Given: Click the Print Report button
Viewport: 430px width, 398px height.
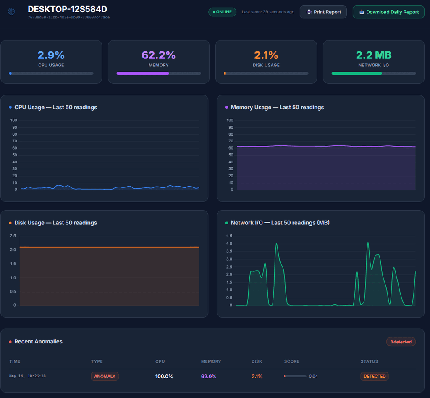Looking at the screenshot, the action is pos(323,12).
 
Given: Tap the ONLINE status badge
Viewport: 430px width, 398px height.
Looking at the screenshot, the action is pos(223,12).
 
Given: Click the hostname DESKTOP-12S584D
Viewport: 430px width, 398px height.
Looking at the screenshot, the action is pos(68,9).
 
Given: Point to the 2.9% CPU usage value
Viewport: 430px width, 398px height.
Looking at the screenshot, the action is pos(51,55).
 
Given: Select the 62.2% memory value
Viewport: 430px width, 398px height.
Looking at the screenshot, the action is pos(158,55).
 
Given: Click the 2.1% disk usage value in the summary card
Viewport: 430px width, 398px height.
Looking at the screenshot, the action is pos(266,55).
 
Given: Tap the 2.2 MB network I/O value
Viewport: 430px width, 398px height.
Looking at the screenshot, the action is pos(373,55).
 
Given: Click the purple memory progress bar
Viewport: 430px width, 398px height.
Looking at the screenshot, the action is pos(143,74).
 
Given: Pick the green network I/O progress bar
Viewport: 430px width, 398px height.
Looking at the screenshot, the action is pos(357,74).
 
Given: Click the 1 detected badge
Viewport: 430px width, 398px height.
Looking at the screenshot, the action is pos(401,342).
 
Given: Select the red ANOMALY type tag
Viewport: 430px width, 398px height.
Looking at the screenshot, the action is pos(105,376).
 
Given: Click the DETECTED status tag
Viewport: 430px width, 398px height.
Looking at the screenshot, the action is pos(375,376).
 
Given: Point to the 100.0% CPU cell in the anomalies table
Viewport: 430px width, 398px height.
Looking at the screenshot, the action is pos(164,376).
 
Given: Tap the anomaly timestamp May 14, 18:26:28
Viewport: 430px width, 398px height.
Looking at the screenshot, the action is pos(27,376).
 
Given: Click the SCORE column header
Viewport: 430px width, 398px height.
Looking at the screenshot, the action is pos(291,361).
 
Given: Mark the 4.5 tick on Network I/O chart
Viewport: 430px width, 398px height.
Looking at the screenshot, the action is pos(229,236).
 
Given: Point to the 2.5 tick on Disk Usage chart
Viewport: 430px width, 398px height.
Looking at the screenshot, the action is pos(13,236).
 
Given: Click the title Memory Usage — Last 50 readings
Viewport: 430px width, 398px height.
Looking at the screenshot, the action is pos(277,107).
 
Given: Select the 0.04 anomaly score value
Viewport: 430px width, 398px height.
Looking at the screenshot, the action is pos(313,376).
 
